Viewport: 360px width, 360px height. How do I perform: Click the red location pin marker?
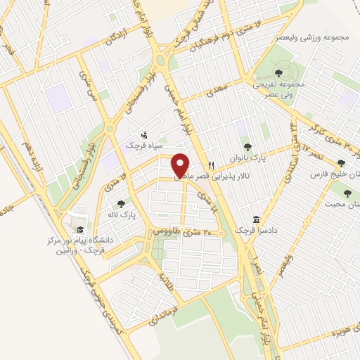[x=180, y=165]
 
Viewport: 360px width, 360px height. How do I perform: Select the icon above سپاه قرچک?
[x=144, y=133]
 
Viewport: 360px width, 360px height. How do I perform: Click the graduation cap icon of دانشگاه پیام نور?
[x=81, y=229]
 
